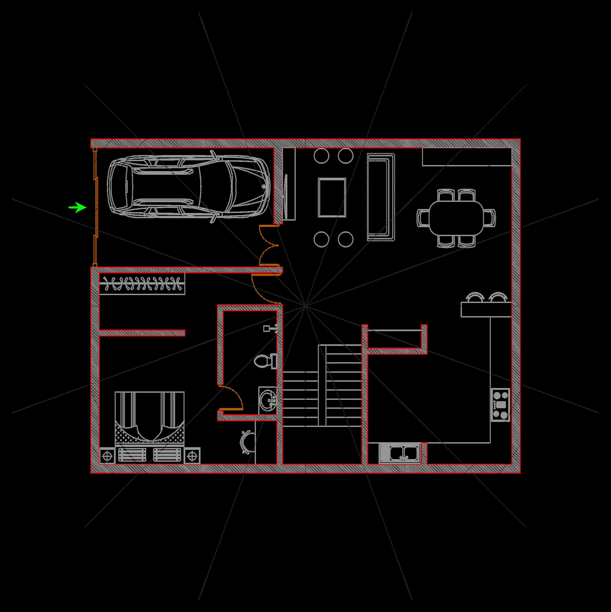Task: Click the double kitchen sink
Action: point(399,453)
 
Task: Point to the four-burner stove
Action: point(500,405)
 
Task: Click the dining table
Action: point(456,218)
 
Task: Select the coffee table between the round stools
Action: point(332,197)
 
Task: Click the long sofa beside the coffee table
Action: point(380,197)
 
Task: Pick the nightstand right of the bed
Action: point(192,456)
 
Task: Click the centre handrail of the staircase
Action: point(322,386)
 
